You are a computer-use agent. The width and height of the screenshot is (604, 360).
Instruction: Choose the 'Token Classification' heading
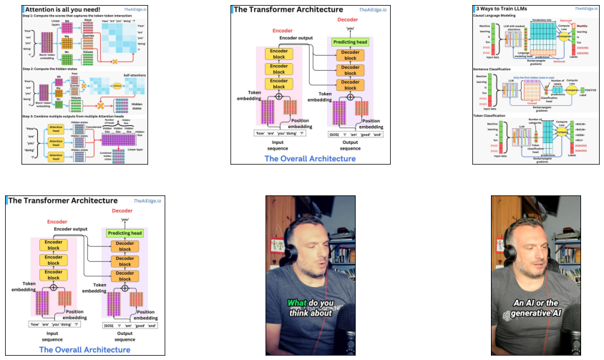click(x=493, y=115)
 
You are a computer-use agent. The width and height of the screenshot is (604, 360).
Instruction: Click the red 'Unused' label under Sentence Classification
click(x=532, y=102)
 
